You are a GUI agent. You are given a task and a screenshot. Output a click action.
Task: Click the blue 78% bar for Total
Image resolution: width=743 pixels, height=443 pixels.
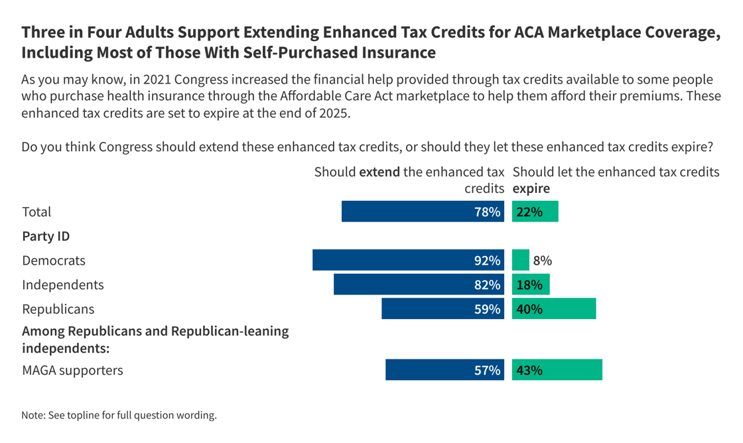point(423,212)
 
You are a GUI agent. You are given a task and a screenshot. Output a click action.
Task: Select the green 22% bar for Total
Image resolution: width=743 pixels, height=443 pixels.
point(535,212)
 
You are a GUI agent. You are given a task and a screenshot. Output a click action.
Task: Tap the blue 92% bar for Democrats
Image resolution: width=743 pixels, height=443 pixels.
point(409,261)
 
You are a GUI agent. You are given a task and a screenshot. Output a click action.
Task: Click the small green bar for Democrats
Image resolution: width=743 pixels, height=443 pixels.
point(521,261)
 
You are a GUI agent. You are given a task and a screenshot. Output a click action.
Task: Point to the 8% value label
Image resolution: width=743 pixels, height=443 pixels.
point(542,261)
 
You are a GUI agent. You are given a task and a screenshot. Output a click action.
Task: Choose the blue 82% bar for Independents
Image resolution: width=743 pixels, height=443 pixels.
point(419,285)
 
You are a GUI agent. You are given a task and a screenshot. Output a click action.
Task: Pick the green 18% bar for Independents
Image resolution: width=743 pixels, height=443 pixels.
point(531,285)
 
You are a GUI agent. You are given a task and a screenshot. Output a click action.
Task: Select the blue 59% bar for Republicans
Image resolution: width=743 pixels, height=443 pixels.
point(443,309)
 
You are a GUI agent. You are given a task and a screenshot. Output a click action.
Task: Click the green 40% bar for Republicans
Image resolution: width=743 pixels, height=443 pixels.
point(554,309)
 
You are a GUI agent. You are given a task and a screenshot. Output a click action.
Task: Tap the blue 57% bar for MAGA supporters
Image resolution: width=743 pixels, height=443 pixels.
point(445,370)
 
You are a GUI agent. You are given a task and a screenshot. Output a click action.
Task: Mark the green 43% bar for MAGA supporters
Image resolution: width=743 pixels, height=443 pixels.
point(557,370)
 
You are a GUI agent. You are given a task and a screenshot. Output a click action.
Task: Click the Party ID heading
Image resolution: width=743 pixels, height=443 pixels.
point(46,236)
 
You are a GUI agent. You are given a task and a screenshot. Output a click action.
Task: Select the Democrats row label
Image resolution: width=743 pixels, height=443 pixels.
point(54,261)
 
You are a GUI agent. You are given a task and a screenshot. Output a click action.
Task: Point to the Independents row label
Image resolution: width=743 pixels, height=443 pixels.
point(63,285)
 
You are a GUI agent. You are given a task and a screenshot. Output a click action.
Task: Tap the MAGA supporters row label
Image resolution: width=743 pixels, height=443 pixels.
point(72,370)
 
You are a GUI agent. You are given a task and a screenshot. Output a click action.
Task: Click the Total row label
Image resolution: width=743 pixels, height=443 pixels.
point(36,212)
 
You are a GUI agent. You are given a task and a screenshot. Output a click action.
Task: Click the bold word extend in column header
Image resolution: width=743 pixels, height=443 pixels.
point(379,172)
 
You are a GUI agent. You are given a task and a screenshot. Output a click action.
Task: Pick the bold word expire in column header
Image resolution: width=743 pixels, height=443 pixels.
point(531,189)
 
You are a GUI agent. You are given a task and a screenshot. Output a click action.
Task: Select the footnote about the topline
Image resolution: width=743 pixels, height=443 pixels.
point(119,416)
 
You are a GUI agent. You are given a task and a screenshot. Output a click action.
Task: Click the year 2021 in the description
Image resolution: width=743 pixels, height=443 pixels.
point(151,80)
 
